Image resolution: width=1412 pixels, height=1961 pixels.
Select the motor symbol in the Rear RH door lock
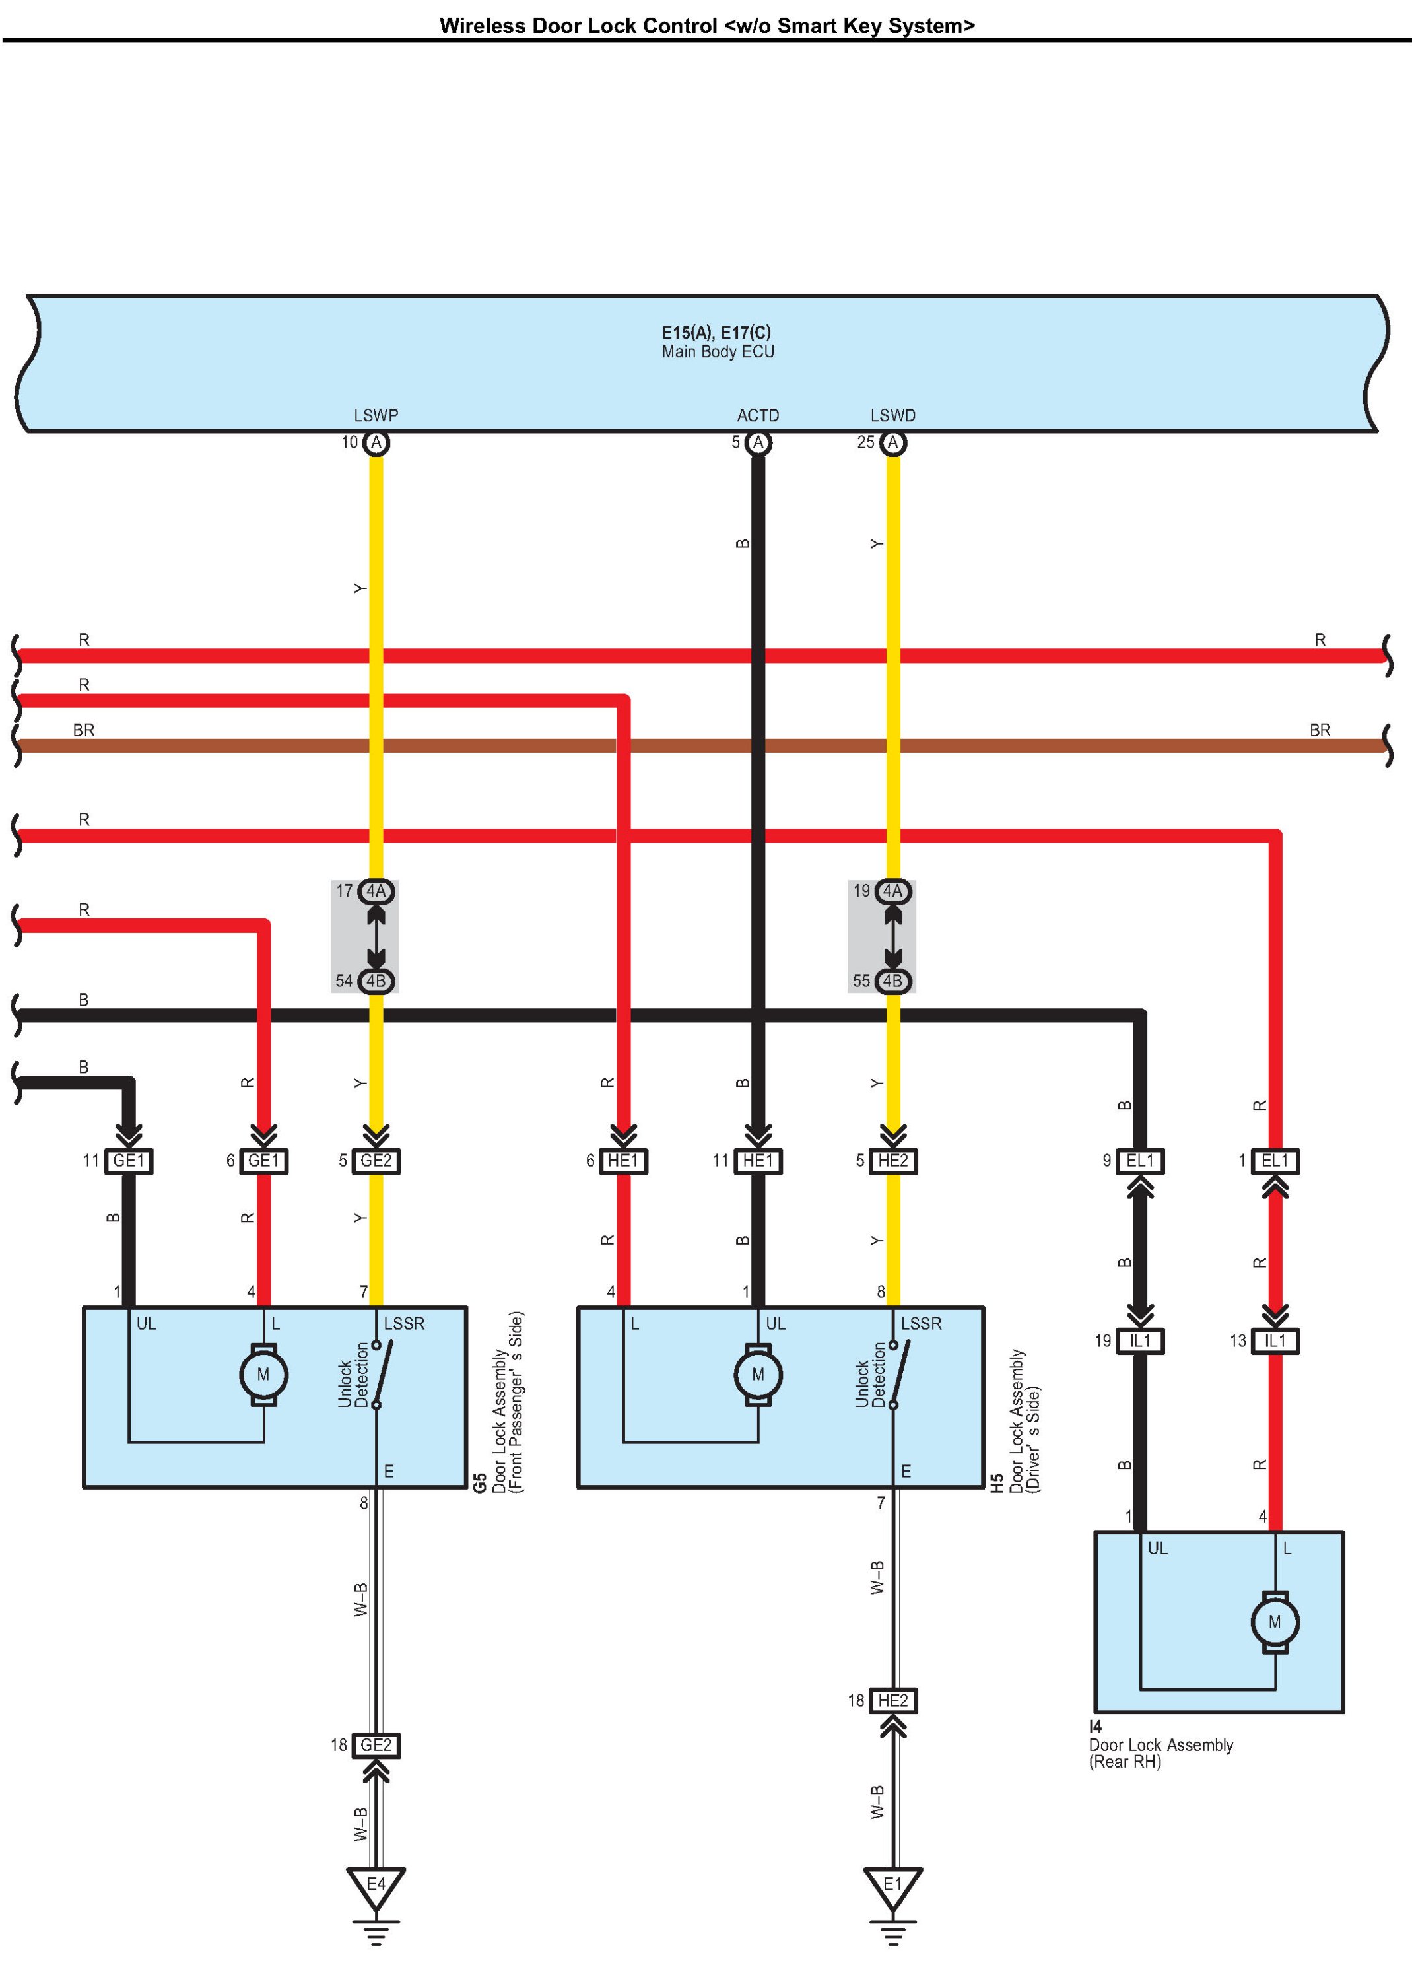1275,1622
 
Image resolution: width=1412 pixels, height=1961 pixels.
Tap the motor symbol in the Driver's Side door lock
758,1375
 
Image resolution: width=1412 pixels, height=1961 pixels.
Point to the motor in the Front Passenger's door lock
264,1375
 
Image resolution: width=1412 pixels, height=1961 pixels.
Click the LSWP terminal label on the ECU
376,415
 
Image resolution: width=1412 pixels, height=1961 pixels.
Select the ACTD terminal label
758,415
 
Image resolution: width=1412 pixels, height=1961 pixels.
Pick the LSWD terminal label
893,415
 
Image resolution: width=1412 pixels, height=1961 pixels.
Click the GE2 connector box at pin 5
376,1160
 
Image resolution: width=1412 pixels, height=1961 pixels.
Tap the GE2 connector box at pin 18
376,1745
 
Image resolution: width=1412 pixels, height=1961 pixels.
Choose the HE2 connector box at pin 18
893,1701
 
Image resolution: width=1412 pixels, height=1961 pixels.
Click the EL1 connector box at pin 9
1141,1160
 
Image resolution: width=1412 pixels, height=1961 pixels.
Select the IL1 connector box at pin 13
1275,1341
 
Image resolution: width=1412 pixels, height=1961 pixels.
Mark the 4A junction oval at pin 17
376,891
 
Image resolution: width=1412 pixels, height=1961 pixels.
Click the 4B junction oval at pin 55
893,980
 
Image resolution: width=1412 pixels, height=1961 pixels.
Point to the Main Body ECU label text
718,351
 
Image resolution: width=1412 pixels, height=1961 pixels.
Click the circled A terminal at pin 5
758,442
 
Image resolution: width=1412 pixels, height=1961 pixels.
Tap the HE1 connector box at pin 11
758,1160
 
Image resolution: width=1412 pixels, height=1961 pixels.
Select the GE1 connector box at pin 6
264,1160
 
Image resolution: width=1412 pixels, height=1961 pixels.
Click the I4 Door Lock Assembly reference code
1096,1727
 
